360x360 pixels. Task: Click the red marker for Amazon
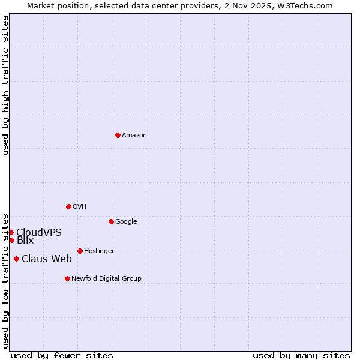click(118, 135)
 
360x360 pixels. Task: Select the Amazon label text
click(134, 136)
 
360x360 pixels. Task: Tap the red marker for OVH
click(68, 206)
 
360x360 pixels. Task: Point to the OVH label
click(80, 207)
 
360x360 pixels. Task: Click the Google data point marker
click(111, 221)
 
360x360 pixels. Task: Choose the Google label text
click(126, 222)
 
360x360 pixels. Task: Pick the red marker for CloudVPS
click(11, 232)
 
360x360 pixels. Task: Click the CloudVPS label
click(39, 232)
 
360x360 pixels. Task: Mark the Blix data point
click(11, 240)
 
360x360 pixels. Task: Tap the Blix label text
click(25, 241)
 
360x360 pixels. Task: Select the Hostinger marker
click(80, 251)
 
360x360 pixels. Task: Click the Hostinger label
click(99, 251)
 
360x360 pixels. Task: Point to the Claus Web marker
click(16, 259)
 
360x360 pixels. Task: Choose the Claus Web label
click(47, 259)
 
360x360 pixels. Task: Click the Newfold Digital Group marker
click(67, 278)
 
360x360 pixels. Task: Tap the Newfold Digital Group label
click(106, 279)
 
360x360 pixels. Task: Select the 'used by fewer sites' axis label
click(62, 356)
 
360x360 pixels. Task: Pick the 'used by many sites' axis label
click(301, 356)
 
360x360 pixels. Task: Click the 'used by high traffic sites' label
click(5, 85)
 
